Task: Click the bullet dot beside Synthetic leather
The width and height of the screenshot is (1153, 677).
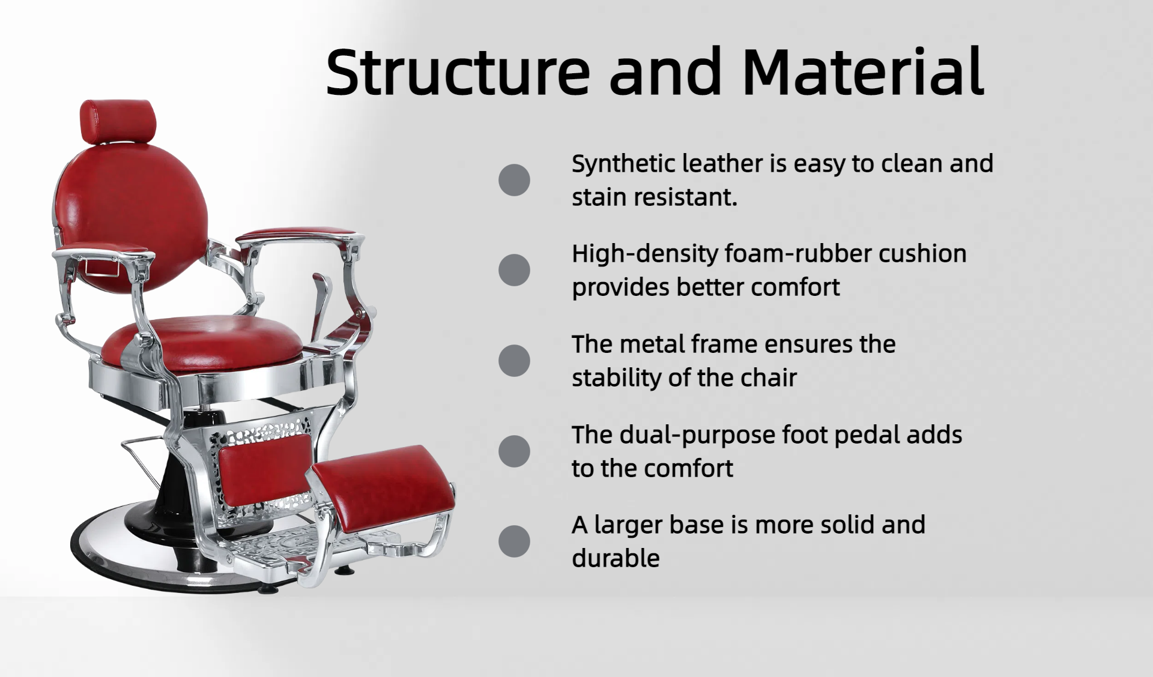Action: [x=514, y=180]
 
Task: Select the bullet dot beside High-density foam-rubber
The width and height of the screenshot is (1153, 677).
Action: [x=514, y=270]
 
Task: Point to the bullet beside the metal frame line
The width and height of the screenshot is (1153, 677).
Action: [x=514, y=361]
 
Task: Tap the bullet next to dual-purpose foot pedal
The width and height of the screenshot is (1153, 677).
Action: [x=514, y=451]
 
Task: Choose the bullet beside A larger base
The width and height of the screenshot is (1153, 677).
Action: [x=514, y=541]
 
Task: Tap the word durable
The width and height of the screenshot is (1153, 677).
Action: [x=616, y=558]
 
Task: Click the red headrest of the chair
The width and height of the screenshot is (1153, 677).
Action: [x=118, y=121]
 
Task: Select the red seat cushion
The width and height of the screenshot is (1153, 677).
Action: [x=202, y=345]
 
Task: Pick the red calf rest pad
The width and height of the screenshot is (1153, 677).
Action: [x=265, y=468]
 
